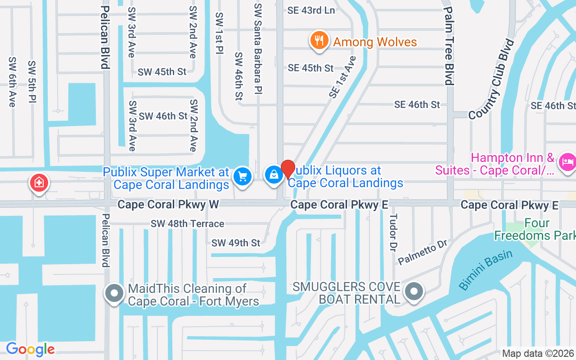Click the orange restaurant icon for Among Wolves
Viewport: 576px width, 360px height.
(x=319, y=40)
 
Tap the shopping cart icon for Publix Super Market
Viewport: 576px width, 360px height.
(x=243, y=176)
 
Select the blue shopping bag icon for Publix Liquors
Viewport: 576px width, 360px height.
(x=274, y=175)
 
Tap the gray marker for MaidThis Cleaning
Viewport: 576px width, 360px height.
(x=114, y=293)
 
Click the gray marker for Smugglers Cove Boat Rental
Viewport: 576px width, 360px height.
(x=413, y=291)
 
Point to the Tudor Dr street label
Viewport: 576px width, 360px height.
(x=393, y=232)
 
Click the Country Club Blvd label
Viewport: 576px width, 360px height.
(x=491, y=79)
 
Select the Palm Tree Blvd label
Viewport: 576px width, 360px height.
(x=449, y=45)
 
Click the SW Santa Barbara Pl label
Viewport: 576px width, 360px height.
(x=258, y=49)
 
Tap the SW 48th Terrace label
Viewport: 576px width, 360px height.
(x=187, y=224)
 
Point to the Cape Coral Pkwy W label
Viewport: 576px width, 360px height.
(x=168, y=205)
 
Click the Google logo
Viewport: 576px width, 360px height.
(x=30, y=349)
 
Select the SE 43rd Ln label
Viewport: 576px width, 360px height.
(x=311, y=10)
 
